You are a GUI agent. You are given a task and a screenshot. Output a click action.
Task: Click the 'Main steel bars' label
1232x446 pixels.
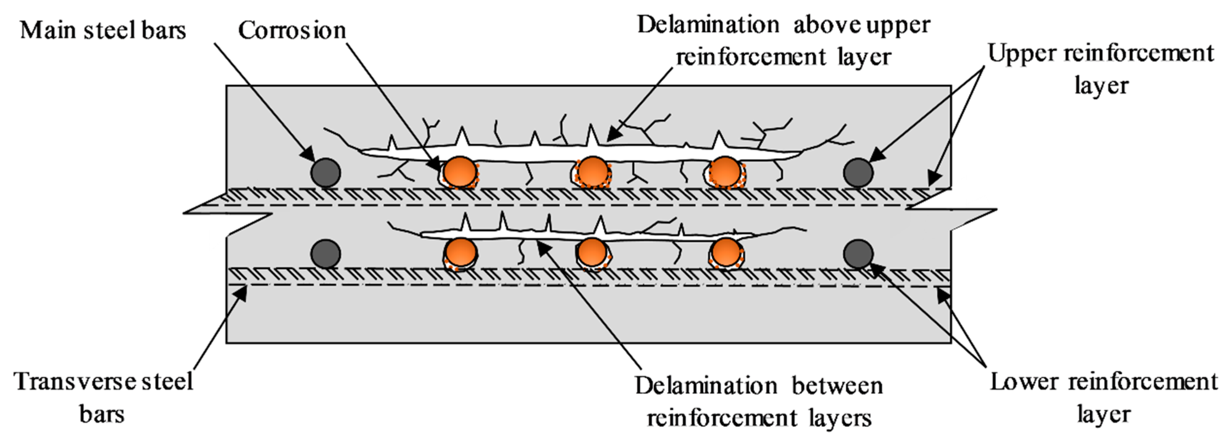[103, 31]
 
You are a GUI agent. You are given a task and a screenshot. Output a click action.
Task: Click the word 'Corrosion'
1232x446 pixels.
[292, 31]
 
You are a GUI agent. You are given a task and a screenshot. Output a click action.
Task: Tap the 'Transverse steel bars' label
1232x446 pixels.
[104, 397]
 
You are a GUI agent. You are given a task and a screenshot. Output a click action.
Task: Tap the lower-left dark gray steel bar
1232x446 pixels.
[326, 253]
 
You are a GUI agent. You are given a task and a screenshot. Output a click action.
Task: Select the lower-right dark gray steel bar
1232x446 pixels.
[858, 253]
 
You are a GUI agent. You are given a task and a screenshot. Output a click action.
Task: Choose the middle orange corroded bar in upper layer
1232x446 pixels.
[593, 171]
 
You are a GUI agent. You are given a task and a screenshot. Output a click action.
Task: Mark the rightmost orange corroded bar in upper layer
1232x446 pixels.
[726, 171]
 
